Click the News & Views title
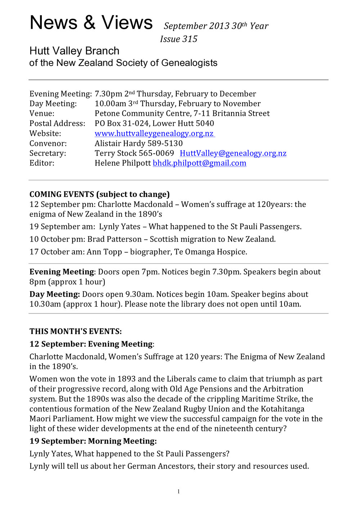[x=91, y=23]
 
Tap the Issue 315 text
[x=179, y=39]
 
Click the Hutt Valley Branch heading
[x=74, y=51]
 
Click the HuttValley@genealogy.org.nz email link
[x=233, y=153]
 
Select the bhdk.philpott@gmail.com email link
[x=199, y=163]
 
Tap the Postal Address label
[x=57, y=123]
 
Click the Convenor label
[x=48, y=143]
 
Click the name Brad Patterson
[x=114, y=239]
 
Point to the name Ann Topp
[x=104, y=252]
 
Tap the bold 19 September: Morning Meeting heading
[x=93, y=441]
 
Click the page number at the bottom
[x=179, y=492]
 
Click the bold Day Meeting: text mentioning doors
[x=54, y=294]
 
